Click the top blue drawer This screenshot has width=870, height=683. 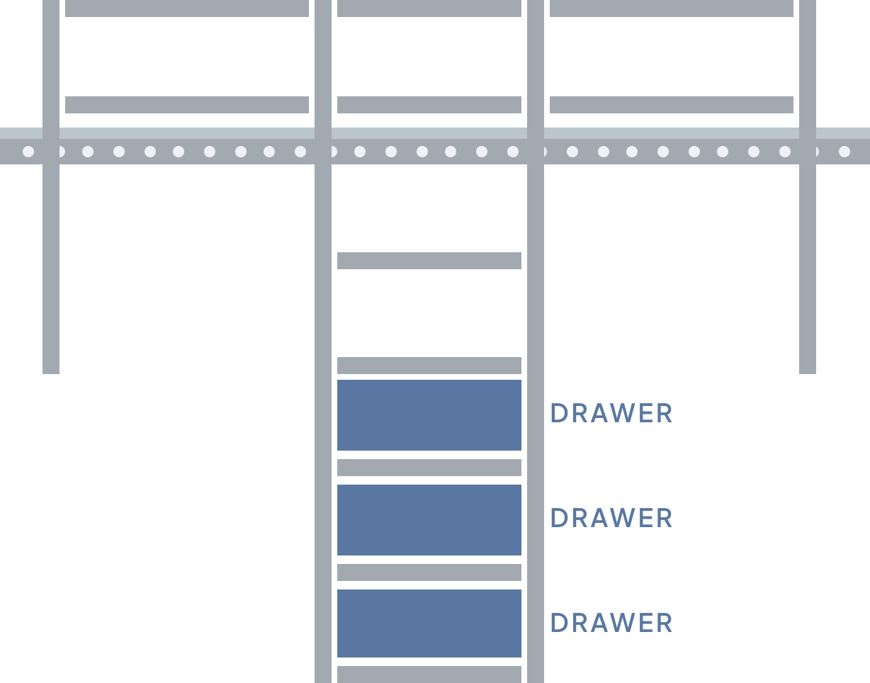[x=429, y=414]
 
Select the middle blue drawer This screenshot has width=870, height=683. [x=429, y=519]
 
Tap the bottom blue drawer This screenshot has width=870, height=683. [x=429, y=623]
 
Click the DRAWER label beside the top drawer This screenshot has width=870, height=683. [x=611, y=414]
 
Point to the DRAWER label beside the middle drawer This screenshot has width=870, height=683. [x=611, y=519]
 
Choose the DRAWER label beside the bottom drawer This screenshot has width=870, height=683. [x=611, y=623]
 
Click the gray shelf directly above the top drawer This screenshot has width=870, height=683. [x=429, y=366]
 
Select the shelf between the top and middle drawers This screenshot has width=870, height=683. [x=429, y=468]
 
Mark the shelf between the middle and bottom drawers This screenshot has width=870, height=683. [x=429, y=572]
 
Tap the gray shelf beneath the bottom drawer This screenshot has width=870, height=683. [x=429, y=674]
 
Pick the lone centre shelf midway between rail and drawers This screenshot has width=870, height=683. [x=429, y=261]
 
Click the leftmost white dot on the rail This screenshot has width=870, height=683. [x=28, y=151]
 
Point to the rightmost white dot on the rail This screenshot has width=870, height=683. [x=844, y=151]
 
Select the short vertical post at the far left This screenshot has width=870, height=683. [x=51, y=269]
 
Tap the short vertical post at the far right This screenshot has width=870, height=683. [x=808, y=269]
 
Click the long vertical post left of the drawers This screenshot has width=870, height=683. [x=323, y=425]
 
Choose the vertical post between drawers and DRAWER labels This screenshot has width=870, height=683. [x=536, y=425]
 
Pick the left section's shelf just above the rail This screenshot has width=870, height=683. [x=187, y=105]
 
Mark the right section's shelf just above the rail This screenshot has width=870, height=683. [x=672, y=105]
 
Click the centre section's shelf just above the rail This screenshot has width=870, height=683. [x=429, y=105]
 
